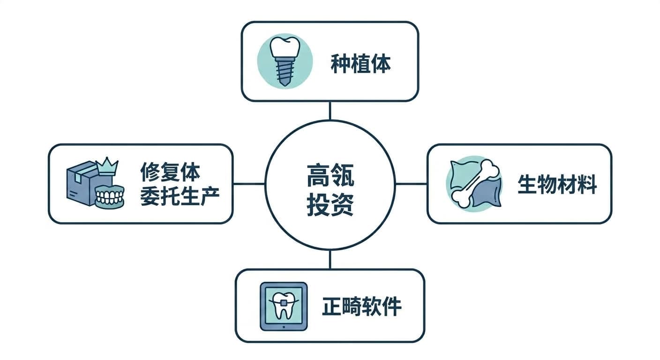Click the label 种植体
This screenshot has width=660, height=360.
[360, 63]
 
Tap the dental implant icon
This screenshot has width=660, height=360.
[285, 61]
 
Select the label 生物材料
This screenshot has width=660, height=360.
[557, 184]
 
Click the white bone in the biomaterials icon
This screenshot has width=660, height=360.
[475, 184]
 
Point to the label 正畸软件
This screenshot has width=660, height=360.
[361, 307]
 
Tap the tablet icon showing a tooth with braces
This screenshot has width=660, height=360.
[284, 307]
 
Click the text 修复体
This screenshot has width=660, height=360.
[170, 172]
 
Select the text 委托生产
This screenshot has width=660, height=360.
[180, 196]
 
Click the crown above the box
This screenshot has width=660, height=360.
[107, 166]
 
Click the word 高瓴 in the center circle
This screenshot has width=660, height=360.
[330, 176]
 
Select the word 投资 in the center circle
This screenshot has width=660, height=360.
[330, 205]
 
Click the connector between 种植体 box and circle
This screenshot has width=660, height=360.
[330, 111]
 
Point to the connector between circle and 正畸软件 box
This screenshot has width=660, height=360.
[330, 259]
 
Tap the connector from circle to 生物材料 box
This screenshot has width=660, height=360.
[411, 184]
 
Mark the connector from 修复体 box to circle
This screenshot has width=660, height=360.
[249, 184]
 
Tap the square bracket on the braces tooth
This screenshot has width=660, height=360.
[284, 302]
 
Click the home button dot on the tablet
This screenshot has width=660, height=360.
[284, 327]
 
